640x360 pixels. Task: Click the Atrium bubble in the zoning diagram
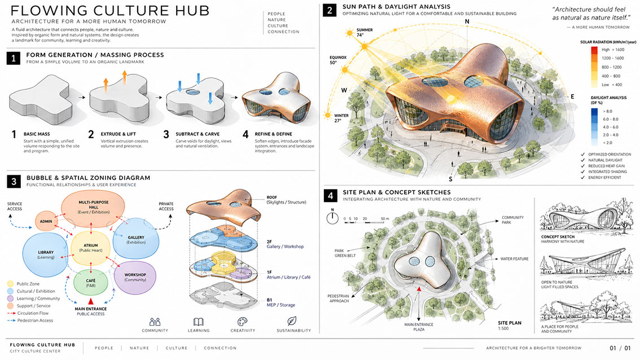pos(91,248)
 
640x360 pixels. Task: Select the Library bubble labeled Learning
pos(45,254)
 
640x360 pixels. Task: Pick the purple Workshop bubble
pos(135,278)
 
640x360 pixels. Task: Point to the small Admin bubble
pos(46,221)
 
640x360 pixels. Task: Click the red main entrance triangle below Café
pos(91,301)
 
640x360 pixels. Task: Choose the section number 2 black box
pos(330,10)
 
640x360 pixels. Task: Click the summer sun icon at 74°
pos(349,33)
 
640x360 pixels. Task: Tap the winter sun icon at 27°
pos(327,115)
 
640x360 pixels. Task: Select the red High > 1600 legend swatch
pos(594,50)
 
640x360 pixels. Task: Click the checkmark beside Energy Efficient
pos(583,178)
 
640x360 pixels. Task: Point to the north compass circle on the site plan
pos(332,218)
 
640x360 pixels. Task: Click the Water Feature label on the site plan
pos(514,259)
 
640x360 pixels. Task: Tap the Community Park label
pos(512,220)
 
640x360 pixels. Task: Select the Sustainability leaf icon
pos(292,321)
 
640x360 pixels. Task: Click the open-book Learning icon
pos(198,322)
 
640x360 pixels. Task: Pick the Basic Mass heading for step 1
pos(37,134)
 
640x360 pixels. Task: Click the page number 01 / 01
pos(620,348)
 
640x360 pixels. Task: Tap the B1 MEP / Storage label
pos(281,302)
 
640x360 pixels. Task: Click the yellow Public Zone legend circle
pos(11,284)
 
